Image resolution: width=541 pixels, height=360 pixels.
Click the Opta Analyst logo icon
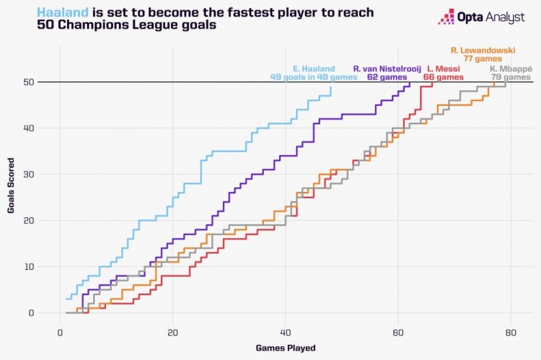click(x=447, y=17)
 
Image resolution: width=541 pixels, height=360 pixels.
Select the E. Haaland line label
click(x=314, y=69)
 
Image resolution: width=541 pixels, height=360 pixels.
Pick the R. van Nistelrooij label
click(x=386, y=69)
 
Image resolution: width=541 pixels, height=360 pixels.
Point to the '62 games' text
click(x=386, y=77)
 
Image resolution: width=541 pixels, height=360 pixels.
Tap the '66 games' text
click(x=443, y=77)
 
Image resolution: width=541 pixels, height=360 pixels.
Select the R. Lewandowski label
click(x=482, y=51)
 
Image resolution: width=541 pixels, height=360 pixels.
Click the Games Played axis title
click(x=285, y=348)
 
